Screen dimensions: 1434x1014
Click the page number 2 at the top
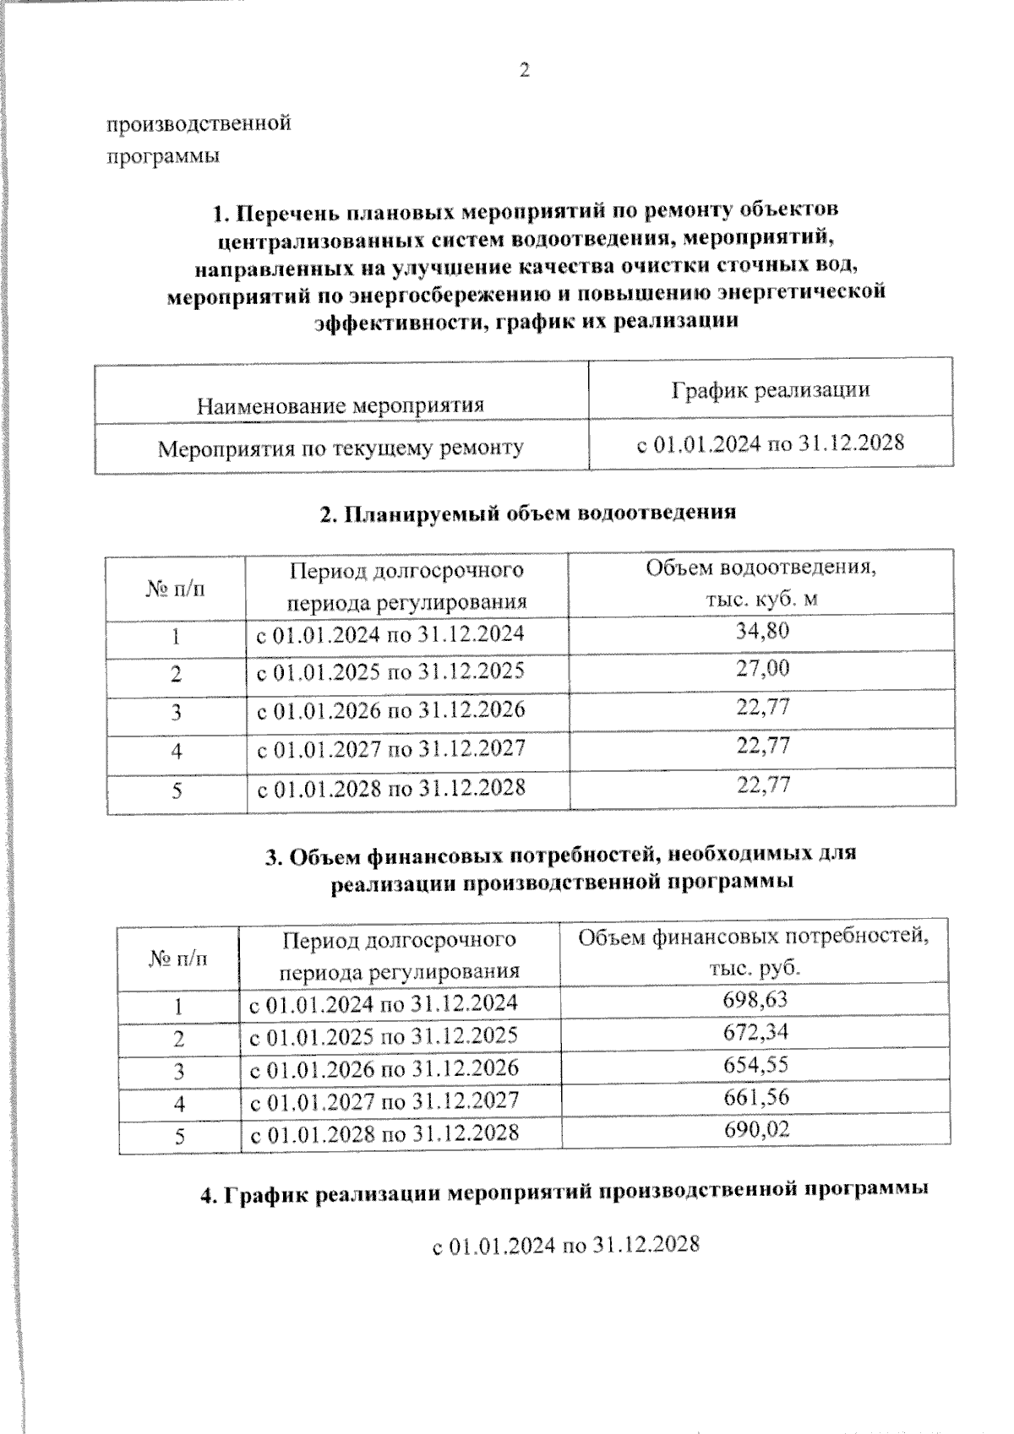tap(523, 71)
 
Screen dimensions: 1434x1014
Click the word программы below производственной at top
tap(163, 157)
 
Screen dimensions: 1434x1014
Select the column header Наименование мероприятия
tap(340, 405)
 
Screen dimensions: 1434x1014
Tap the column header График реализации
tap(770, 389)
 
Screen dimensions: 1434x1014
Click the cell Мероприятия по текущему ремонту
tap(341, 448)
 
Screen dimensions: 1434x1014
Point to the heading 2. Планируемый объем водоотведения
tap(529, 512)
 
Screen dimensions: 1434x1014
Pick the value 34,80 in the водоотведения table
tap(762, 630)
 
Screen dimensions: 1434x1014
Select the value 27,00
tap(762, 669)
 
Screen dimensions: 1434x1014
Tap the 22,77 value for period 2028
tap(763, 785)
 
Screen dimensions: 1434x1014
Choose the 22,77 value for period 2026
tap(763, 707)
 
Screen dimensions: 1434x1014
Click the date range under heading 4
tap(565, 1246)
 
